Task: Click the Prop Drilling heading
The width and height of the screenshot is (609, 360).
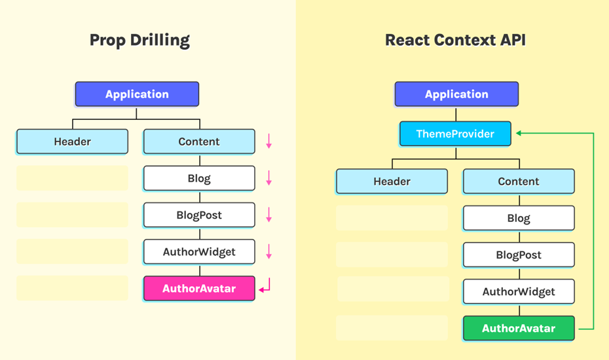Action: tap(139, 41)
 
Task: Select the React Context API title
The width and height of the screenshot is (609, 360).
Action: tap(455, 40)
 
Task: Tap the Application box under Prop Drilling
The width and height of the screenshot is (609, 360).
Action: tap(137, 94)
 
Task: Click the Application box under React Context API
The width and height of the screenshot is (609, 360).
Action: tap(456, 94)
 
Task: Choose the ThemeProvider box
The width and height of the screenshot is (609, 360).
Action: tap(455, 134)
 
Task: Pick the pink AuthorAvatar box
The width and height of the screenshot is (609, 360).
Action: tap(199, 289)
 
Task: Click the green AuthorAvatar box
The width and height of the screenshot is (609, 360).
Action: tap(519, 329)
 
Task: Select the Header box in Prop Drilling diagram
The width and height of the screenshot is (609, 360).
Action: tap(72, 142)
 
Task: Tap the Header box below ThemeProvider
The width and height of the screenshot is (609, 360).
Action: tap(392, 181)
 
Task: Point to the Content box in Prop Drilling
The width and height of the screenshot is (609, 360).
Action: tap(199, 142)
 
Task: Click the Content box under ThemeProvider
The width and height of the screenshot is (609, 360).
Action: tap(519, 181)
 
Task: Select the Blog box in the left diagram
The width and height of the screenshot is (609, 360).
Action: tap(199, 178)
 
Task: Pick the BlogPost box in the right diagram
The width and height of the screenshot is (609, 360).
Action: tap(519, 255)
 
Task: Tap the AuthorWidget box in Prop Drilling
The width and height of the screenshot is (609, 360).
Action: tap(199, 251)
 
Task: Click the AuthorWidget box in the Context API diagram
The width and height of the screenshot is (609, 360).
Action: tap(519, 292)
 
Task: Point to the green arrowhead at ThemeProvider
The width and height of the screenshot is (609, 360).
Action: tap(519, 134)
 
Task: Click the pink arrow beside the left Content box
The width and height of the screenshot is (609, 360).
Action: tap(268, 141)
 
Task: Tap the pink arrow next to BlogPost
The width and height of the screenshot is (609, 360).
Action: tap(268, 215)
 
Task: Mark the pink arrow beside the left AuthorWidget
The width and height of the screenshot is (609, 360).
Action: tap(268, 251)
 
